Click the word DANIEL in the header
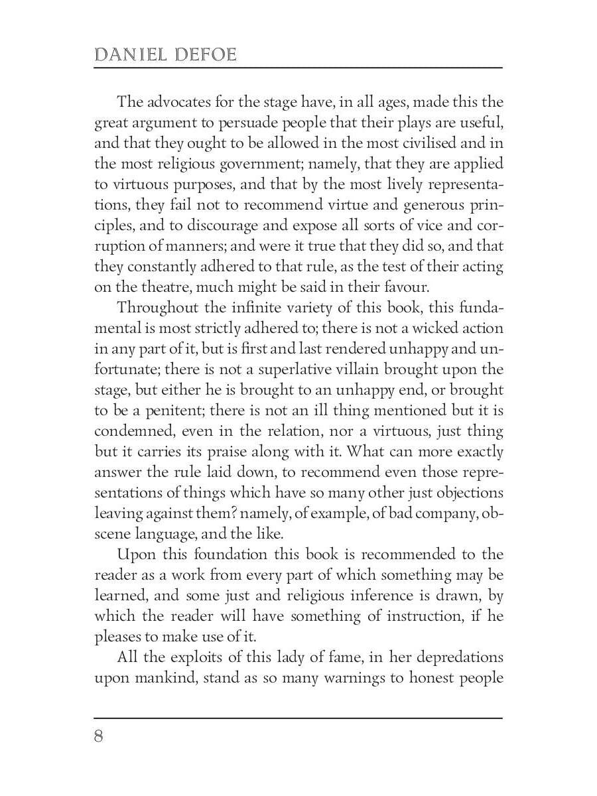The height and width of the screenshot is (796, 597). pos(129,54)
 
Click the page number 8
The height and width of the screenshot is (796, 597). pos(99,736)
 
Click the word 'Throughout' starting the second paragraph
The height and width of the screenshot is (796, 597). pos(155,308)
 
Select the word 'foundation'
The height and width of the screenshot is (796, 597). pos(194,555)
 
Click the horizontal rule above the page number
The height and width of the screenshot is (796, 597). pos(298,718)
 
